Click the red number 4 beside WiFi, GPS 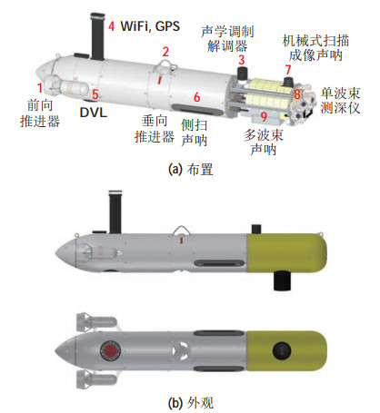[x=112, y=26]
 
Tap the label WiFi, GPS [x=150, y=26]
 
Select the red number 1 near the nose [x=40, y=88]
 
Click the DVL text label [x=94, y=113]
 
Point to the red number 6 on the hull [x=197, y=97]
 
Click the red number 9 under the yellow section [x=264, y=116]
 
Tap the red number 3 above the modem [x=241, y=60]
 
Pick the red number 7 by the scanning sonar [x=287, y=70]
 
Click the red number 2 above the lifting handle [x=165, y=52]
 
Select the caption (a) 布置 [x=191, y=170]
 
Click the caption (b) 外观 [x=191, y=403]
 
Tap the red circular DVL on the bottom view [x=110, y=350]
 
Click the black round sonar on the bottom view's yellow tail [x=282, y=351]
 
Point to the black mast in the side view [x=115, y=212]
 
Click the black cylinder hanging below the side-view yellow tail [x=283, y=280]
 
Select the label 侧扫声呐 [x=195, y=133]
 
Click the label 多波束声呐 [x=264, y=143]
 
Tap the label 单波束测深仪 [x=340, y=101]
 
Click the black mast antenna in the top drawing [x=97, y=36]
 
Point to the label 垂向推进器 [x=155, y=129]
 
